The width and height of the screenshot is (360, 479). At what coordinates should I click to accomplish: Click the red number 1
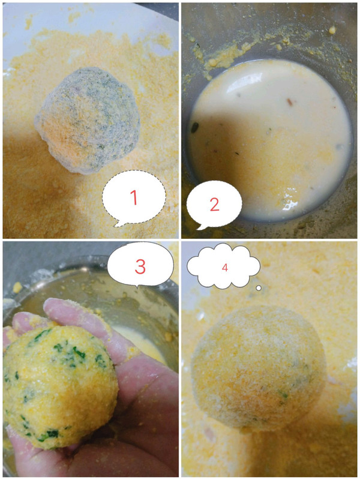click(x=133, y=197)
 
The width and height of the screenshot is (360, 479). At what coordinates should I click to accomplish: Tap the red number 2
click(x=214, y=204)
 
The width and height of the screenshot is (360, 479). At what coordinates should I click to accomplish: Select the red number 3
click(x=140, y=267)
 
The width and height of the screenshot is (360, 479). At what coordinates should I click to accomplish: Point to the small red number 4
click(x=225, y=268)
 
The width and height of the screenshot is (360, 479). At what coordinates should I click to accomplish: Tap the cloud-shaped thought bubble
click(x=224, y=267)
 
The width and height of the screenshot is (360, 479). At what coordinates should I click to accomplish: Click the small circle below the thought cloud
click(x=259, y=288)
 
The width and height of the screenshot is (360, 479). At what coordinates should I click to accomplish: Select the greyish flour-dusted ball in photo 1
click(x=88, y=120)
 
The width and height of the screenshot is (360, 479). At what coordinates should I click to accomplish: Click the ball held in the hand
click(x=59, y=387)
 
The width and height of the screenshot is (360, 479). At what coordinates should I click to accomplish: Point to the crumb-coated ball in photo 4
click(x=258, y=368)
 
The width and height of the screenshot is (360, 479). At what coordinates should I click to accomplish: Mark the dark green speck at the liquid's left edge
click(x=195, y=127)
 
